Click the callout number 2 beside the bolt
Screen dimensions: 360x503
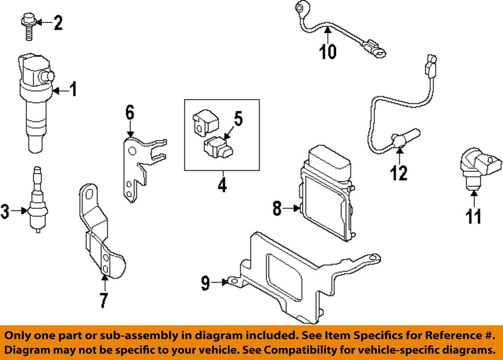point(58,23)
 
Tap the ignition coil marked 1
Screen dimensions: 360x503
point(35,101)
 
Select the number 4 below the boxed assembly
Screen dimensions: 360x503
point(222,186)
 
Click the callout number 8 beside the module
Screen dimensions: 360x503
point(277,208)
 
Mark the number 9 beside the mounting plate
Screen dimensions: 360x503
point(206,283)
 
